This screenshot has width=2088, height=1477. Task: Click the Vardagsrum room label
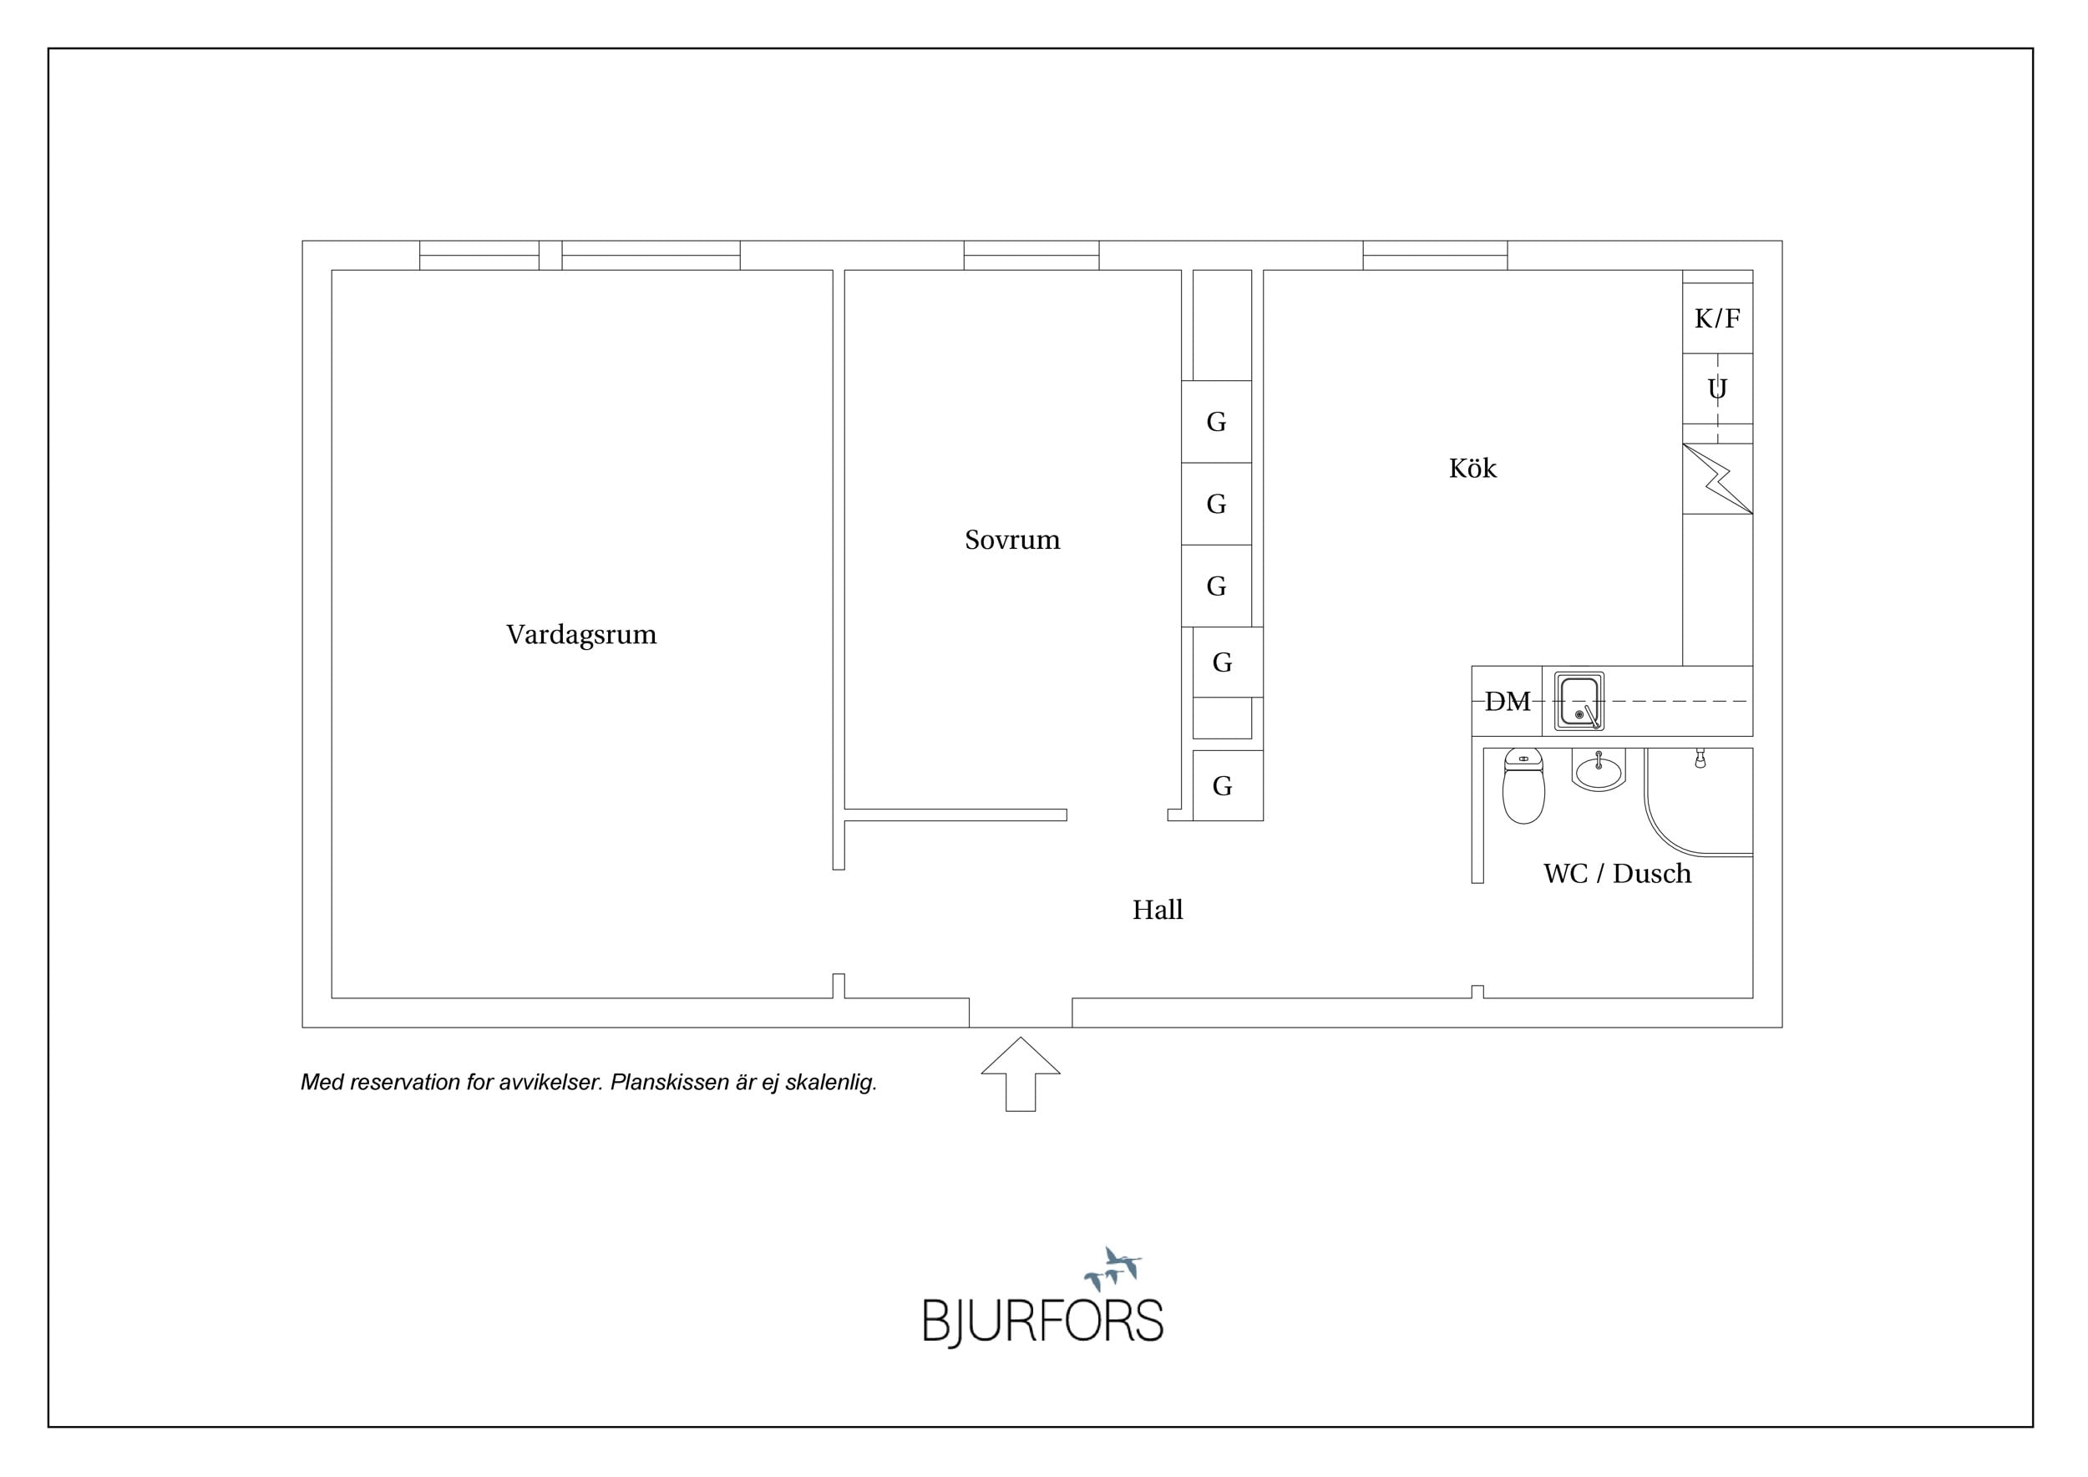581,635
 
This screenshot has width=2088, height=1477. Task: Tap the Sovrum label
1012,541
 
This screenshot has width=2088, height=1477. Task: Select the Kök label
1472,468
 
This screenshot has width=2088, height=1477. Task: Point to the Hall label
1157,910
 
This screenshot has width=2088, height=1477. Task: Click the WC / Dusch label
1617,873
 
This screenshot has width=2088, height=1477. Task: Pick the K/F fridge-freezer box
1717,318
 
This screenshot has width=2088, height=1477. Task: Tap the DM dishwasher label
1507,701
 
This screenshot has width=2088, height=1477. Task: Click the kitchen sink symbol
1579,701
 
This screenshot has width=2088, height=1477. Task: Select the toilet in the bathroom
1523,786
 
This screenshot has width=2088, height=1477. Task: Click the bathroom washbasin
1598,771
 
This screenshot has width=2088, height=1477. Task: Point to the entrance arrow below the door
1021,1073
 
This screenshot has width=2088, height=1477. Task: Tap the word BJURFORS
1043,1322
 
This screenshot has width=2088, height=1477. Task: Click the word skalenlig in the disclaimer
830,1083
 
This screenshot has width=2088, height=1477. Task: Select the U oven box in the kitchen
1717,389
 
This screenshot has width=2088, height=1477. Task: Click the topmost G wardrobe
1216,422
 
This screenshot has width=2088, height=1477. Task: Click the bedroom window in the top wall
1031,256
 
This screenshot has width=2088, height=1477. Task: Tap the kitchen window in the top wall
1435,256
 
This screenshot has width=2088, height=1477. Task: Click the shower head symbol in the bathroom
1700,759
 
